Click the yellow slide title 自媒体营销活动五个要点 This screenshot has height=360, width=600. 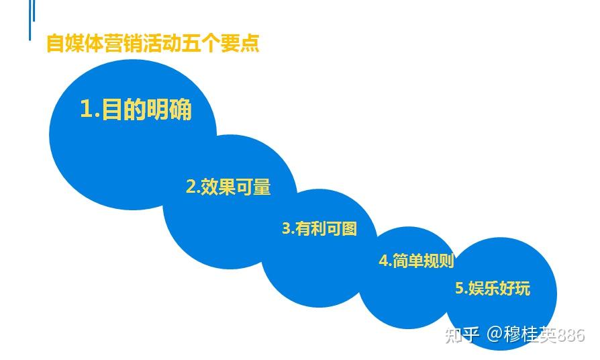point(152,43)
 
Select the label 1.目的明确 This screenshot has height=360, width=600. point(136,109)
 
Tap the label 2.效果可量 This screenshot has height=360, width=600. point(228,187)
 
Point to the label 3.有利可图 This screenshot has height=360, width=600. point(319,228)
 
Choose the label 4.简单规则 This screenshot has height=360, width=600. point(416,261)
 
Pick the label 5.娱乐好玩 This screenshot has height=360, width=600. point(493,288)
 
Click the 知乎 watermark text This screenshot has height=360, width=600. point(462,334)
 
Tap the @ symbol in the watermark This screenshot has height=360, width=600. point(495,334)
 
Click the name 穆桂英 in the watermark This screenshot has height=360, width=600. point(530,334)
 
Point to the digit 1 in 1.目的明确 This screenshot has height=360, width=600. point(86,109)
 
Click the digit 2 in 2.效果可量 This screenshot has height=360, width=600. point(191,187)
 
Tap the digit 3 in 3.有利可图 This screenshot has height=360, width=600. point(287,228)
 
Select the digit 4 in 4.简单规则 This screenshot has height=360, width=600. point(383,261)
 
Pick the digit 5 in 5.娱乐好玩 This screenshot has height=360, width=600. point(460,288)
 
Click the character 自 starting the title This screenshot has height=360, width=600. point(55,43)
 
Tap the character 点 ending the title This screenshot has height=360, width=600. point(250,43)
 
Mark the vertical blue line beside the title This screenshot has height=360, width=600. point(30,20)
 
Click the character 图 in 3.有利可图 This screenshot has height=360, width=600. point(349,228)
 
